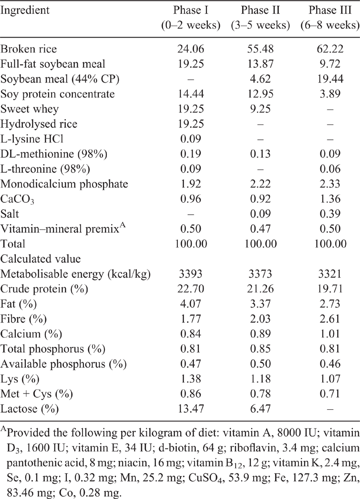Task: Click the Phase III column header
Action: click(x=330, y=18)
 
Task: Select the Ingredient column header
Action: click(x=25, y=10)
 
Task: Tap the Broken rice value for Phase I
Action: click(x=191, y=49)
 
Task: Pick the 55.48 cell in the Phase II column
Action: click(x=260, y=49)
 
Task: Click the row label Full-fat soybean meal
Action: click(x=52, y=64)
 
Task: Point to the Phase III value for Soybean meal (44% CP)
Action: click(x=330, y=79)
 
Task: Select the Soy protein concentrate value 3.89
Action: click(x=330, y=94)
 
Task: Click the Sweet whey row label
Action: click(x=29, y=109)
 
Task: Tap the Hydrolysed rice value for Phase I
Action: click(x=191, y=124)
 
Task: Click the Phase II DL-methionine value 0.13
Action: click(x=260, y=154)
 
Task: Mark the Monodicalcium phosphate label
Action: click(x=64, y=184)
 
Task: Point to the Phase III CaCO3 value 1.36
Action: click(x=330, y=199)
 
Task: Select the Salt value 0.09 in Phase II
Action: click(x=260, y=214)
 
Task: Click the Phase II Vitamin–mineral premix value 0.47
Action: click(x=260, y=229)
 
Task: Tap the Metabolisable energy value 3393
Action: click(x=191, y=274)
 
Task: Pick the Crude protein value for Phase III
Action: click(x=330, y=289)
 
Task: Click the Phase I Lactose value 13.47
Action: click(x=191, y=409)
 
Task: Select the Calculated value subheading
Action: click(x=41, y=259)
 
